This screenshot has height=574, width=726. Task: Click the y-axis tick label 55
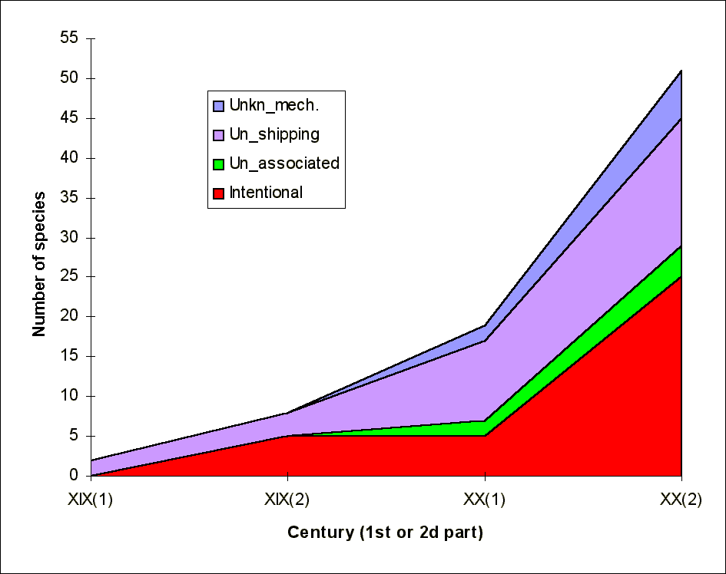[x=69, y=38]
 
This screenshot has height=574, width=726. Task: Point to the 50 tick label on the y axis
[x=69, y=78]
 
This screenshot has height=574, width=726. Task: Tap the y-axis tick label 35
[x=69, y=197]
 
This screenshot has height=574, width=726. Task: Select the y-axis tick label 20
[x=69, y=316]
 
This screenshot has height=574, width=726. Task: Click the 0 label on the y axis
[x=74, y=475]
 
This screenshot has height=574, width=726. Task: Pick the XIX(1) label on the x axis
[x=91, y=500]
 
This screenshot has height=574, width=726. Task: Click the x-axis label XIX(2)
[x=287, y=500]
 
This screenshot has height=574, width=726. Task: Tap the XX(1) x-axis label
[x=484, y=500]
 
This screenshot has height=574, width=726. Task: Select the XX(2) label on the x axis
[x=681, y=500]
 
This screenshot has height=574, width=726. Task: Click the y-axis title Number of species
[x=39, y=264]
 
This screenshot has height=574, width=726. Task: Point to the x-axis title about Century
[x=385, y=533]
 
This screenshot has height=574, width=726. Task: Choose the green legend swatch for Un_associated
[x=218, y=164]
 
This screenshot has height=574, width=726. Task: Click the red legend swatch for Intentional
[x=218, y=193]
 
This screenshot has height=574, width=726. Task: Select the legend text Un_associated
[x=284, y=163]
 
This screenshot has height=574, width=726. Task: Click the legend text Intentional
[x=266, y=193]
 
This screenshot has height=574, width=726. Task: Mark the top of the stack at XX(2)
[x=681, y=71]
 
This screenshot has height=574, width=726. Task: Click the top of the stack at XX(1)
[x=485, y=325]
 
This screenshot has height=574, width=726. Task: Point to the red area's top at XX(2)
[x=681, y=276]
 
